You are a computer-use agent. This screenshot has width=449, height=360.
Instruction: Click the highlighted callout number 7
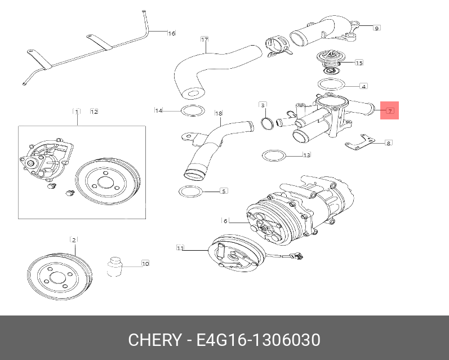(x=390, y=110)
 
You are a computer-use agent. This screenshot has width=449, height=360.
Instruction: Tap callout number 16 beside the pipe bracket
(x=172, y=33)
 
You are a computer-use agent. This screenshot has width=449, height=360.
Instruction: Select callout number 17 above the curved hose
(x=205, y=39)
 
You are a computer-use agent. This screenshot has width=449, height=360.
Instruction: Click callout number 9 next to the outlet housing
(x=376, y=27)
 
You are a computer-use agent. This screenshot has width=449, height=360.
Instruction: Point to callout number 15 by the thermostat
(x=359, y=63)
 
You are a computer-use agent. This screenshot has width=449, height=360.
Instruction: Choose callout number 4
(x=364, y=86)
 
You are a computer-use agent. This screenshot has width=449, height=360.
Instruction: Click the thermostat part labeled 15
(x=328, y=63)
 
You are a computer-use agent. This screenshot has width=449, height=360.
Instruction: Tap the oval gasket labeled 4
(x=331, y=85)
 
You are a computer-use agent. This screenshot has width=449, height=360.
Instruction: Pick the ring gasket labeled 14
(x=191, y=110)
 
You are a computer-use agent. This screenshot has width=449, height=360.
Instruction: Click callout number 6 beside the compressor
(x=225, y=220)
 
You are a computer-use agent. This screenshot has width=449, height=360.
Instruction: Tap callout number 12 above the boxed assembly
(x=94, y=112)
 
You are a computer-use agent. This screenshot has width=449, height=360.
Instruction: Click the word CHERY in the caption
(x=154, y=340)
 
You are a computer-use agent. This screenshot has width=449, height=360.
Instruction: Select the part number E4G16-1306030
(x=258, y=340)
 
